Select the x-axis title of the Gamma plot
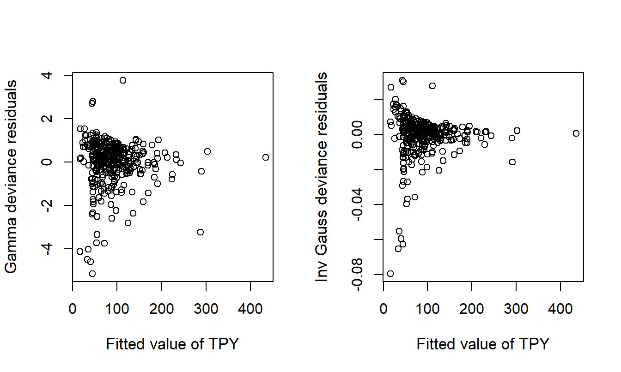172,344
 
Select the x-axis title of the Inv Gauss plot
483,344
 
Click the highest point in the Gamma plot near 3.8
123,80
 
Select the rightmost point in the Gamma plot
265,157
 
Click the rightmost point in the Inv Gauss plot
576,133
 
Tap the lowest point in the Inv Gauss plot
390,274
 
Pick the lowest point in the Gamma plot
92,274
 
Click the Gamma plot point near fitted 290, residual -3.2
201,232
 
